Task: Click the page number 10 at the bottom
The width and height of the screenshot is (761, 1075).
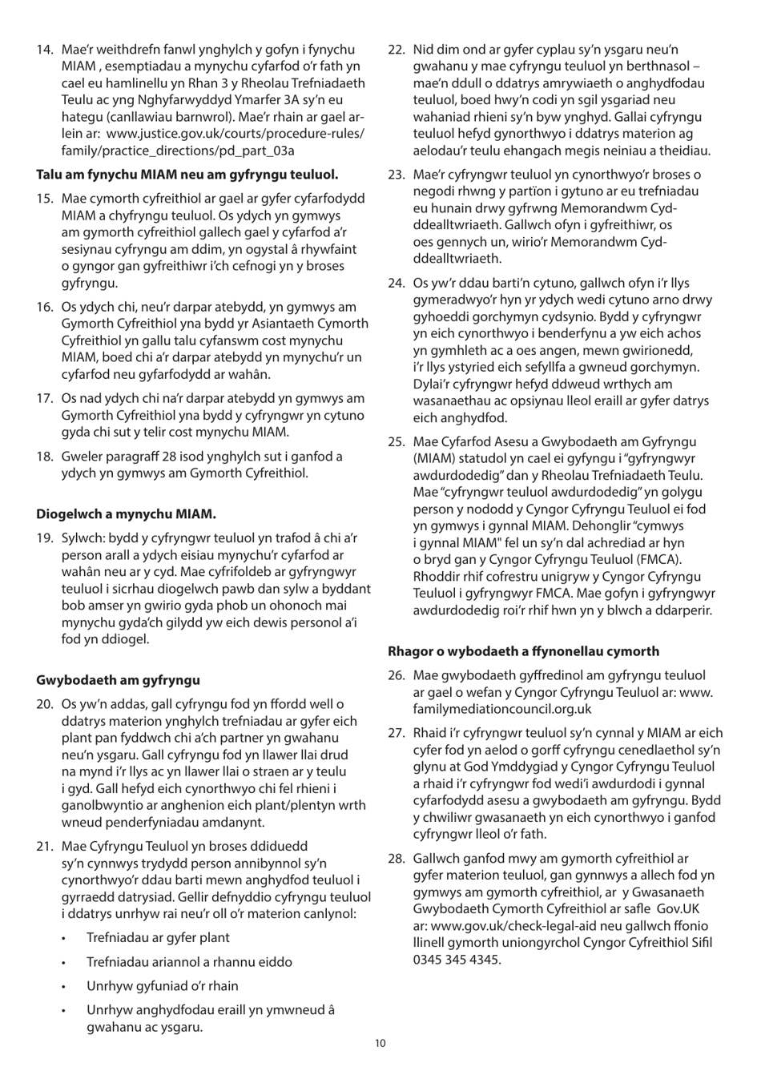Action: [x=380, y=1043]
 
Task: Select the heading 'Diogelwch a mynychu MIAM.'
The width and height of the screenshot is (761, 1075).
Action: [x=126, y=513]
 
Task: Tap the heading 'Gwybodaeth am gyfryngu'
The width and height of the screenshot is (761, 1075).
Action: [x=118, y=680]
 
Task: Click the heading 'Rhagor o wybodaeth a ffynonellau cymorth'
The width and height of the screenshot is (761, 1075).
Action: [x=524, y=651]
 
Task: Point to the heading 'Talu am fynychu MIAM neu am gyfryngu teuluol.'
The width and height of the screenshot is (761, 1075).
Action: [x=187, y=174]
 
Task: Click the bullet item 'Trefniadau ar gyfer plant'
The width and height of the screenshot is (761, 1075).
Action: [x=158, y=937]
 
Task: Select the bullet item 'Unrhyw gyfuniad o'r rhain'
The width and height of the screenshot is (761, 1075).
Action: [x=162, y=986]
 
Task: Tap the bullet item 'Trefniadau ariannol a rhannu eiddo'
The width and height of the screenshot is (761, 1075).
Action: [x=189, y=962]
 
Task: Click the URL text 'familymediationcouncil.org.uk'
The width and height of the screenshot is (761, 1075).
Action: [x=502, y=709]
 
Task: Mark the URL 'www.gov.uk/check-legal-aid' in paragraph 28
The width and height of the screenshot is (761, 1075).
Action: [x=509, y=926]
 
